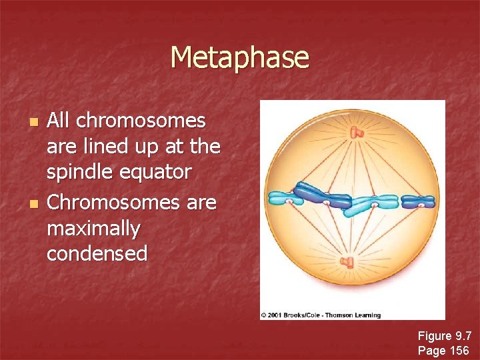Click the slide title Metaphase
[x=239, y=57]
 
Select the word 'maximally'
[x=93, y=229]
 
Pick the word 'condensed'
[x=97, y=253]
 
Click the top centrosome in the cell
[x=358, y=132]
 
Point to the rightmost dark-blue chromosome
[x=422, y=201]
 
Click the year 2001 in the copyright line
[x=275, y=315]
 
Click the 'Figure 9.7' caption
[x=444, y=336]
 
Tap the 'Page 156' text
[x=443, y=350]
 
